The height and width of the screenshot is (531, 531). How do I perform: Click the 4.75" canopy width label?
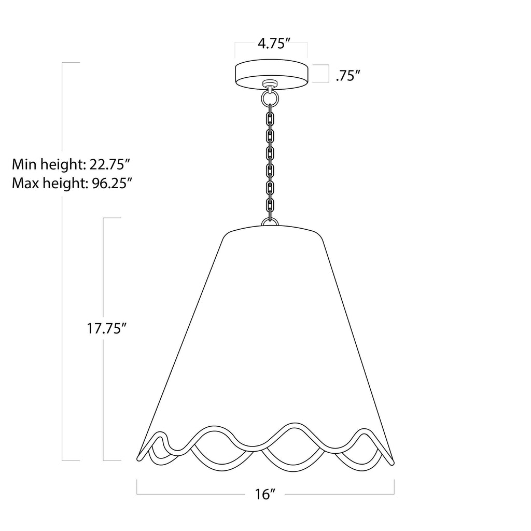point(274,44)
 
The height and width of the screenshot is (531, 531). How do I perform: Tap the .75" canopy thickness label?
point(347,76)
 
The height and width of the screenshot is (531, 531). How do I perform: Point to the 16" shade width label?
point(265,494)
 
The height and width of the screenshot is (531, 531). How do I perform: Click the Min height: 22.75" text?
point(71,164)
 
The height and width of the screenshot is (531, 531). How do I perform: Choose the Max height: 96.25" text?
point(72,183)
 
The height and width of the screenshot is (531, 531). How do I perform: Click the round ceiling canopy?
point(271,75)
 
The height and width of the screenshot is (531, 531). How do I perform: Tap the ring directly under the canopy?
point(270,99)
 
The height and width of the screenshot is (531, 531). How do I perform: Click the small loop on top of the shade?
point(270,221)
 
